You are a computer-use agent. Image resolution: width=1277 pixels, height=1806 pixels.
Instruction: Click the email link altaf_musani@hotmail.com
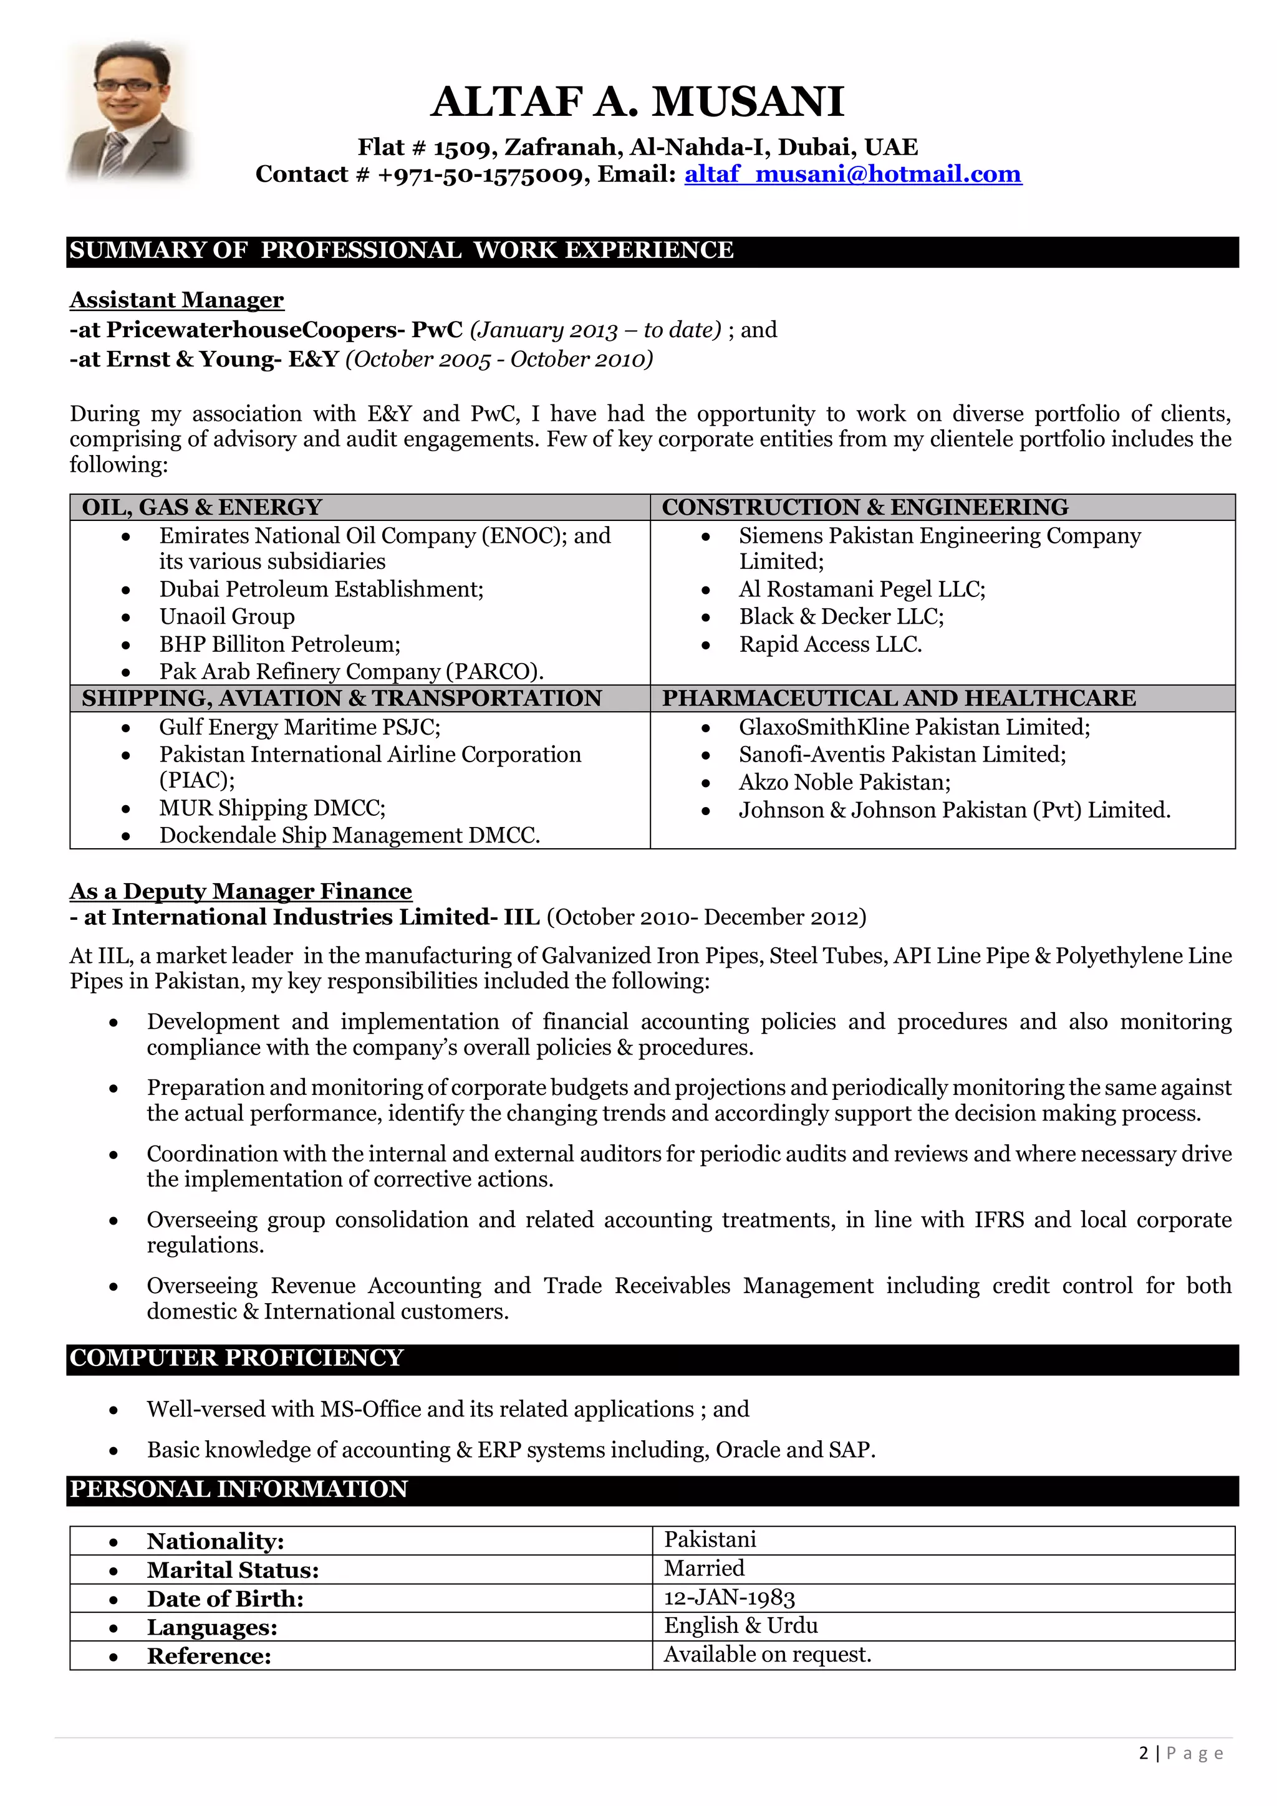852,174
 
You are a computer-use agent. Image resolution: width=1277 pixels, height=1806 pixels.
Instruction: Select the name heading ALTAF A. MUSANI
637,102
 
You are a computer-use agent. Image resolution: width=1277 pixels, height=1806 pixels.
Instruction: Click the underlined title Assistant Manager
176,300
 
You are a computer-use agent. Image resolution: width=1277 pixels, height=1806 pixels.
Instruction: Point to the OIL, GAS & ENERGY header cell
202,507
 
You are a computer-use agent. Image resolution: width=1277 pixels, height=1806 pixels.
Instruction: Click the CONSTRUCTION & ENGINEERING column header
865,507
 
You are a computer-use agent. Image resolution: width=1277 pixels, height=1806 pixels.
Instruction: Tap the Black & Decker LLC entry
841,617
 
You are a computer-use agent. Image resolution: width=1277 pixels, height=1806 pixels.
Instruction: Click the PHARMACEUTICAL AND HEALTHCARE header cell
899,699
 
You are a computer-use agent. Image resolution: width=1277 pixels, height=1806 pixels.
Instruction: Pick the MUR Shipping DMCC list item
272,808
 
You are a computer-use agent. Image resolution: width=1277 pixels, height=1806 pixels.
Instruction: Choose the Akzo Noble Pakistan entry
844,783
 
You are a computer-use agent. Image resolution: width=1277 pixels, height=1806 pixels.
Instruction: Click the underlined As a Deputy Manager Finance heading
241,891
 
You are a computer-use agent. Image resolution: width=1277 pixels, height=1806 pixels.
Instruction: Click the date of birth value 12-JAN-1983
730,1598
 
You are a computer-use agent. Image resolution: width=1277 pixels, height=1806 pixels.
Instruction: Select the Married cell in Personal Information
703,1569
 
